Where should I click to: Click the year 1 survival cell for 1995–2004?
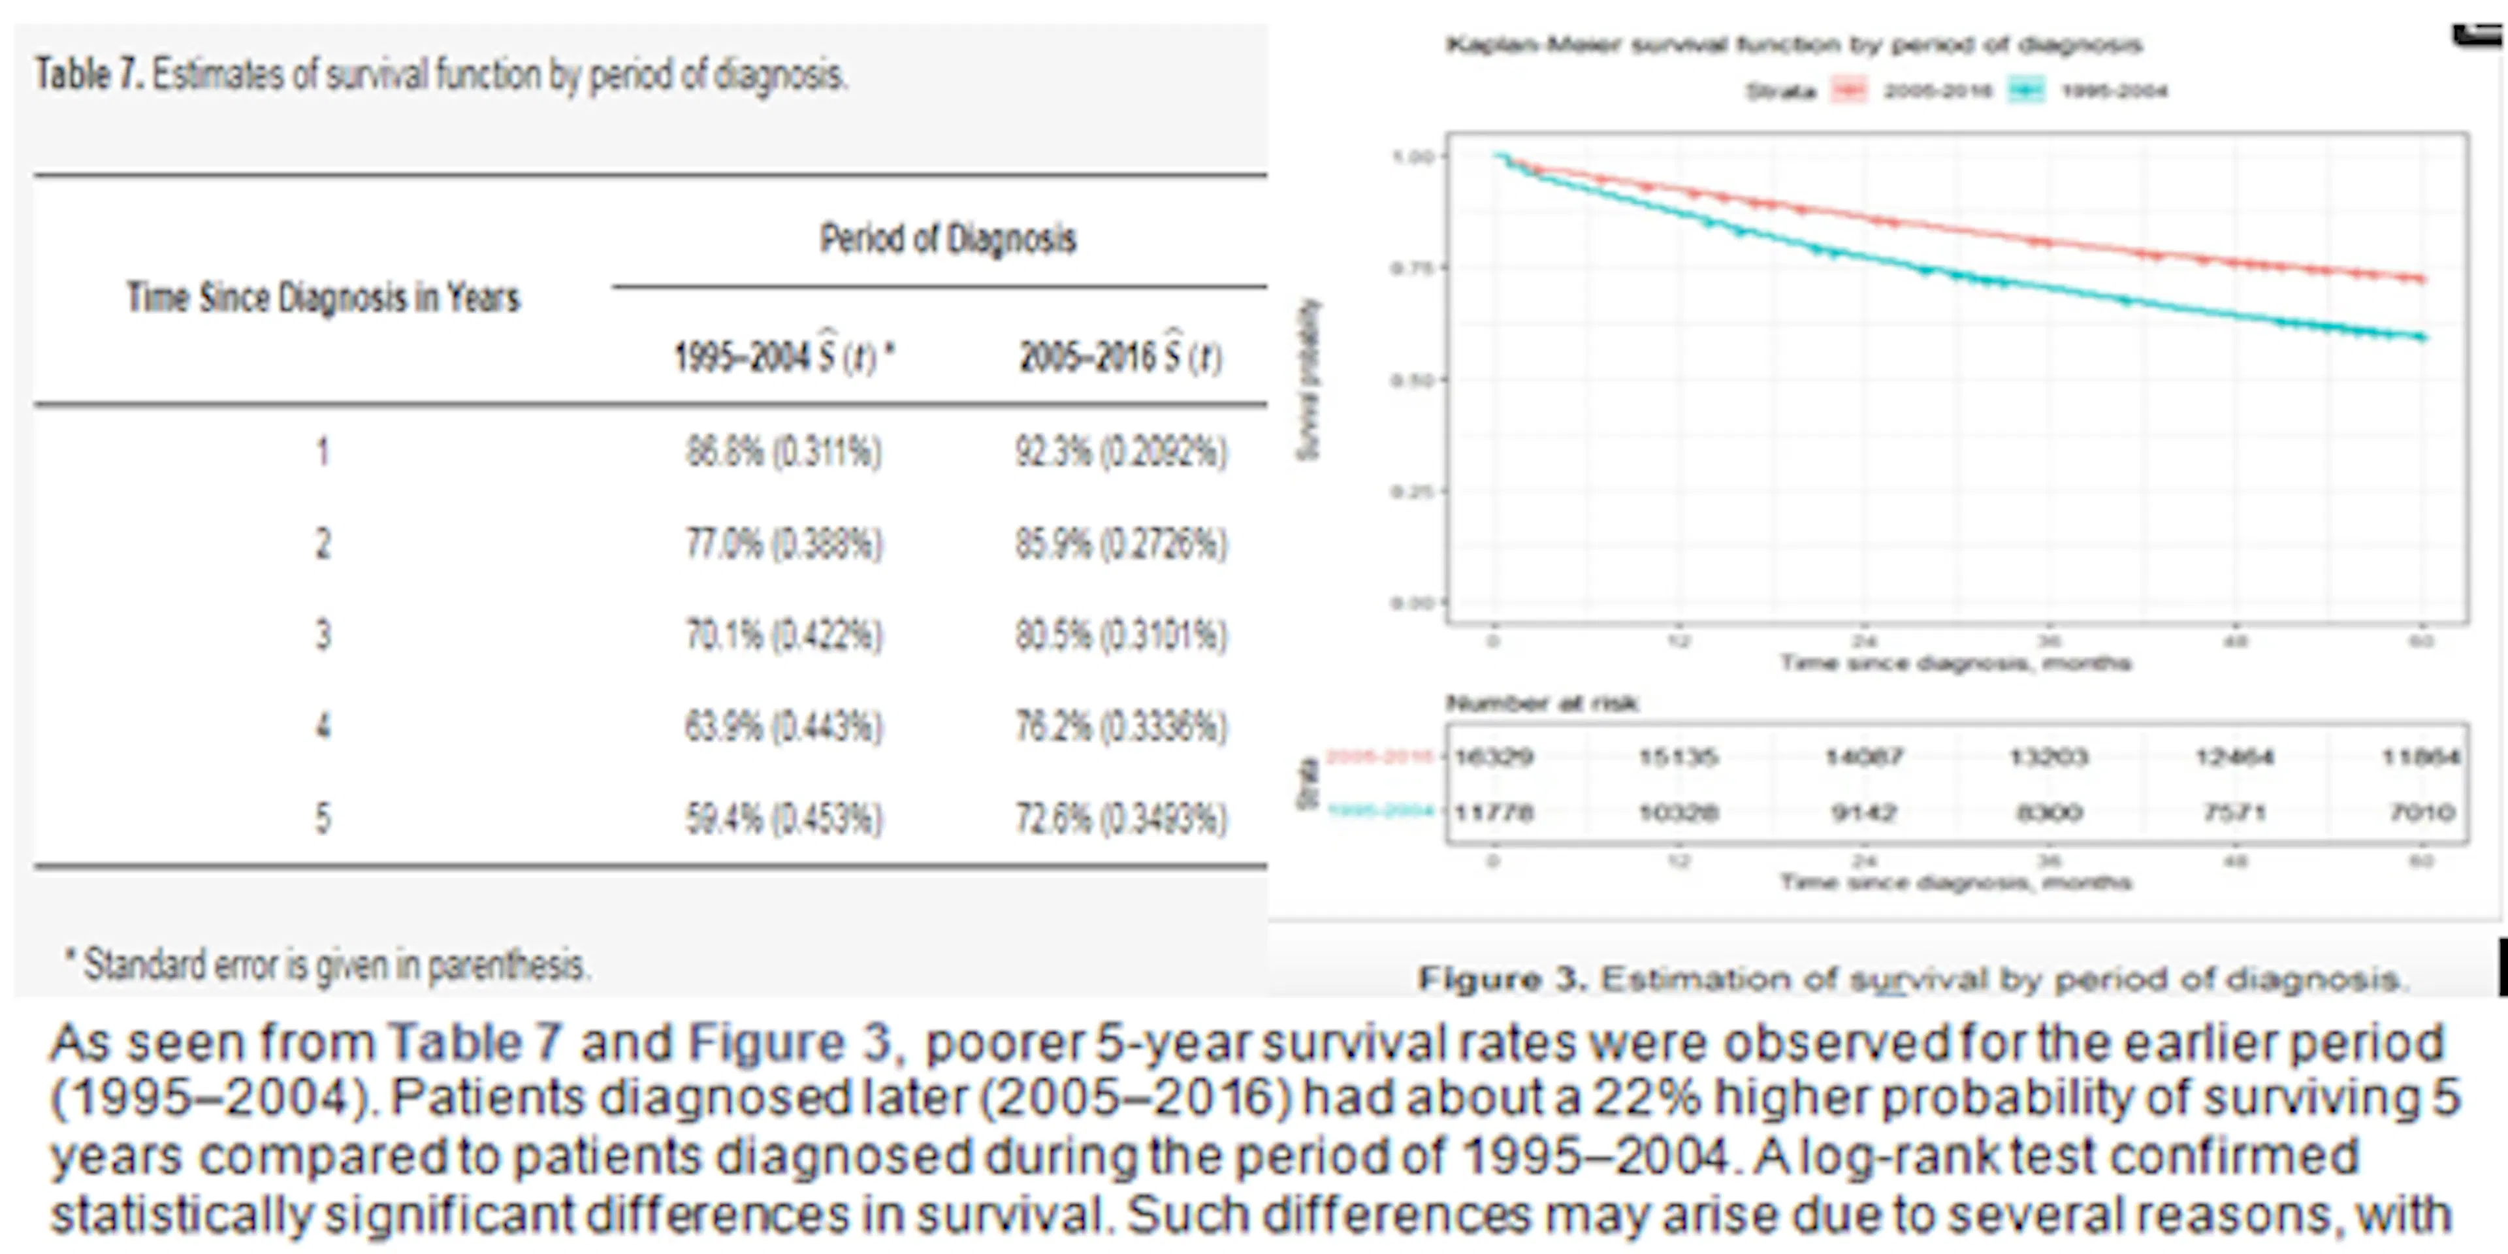tap(784, 452)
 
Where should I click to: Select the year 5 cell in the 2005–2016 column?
tap(1121, 818)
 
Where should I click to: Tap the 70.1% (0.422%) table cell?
tap(784, 635)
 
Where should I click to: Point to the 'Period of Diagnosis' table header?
tap(947, 238)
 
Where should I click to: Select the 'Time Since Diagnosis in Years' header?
tap(323, 297)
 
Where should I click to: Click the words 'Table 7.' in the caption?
tap(89, 75)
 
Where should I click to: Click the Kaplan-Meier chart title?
tap(1793, 45)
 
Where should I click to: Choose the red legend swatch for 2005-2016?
tap(1849, 91)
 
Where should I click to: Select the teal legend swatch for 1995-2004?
tap(2026, 91)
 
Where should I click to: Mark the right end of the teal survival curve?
tap(2423, 338)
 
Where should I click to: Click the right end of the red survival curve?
tap(2423, 280)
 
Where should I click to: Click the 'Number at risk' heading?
tap(1542, 703)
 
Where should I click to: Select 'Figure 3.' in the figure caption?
tap(1502, 978)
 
